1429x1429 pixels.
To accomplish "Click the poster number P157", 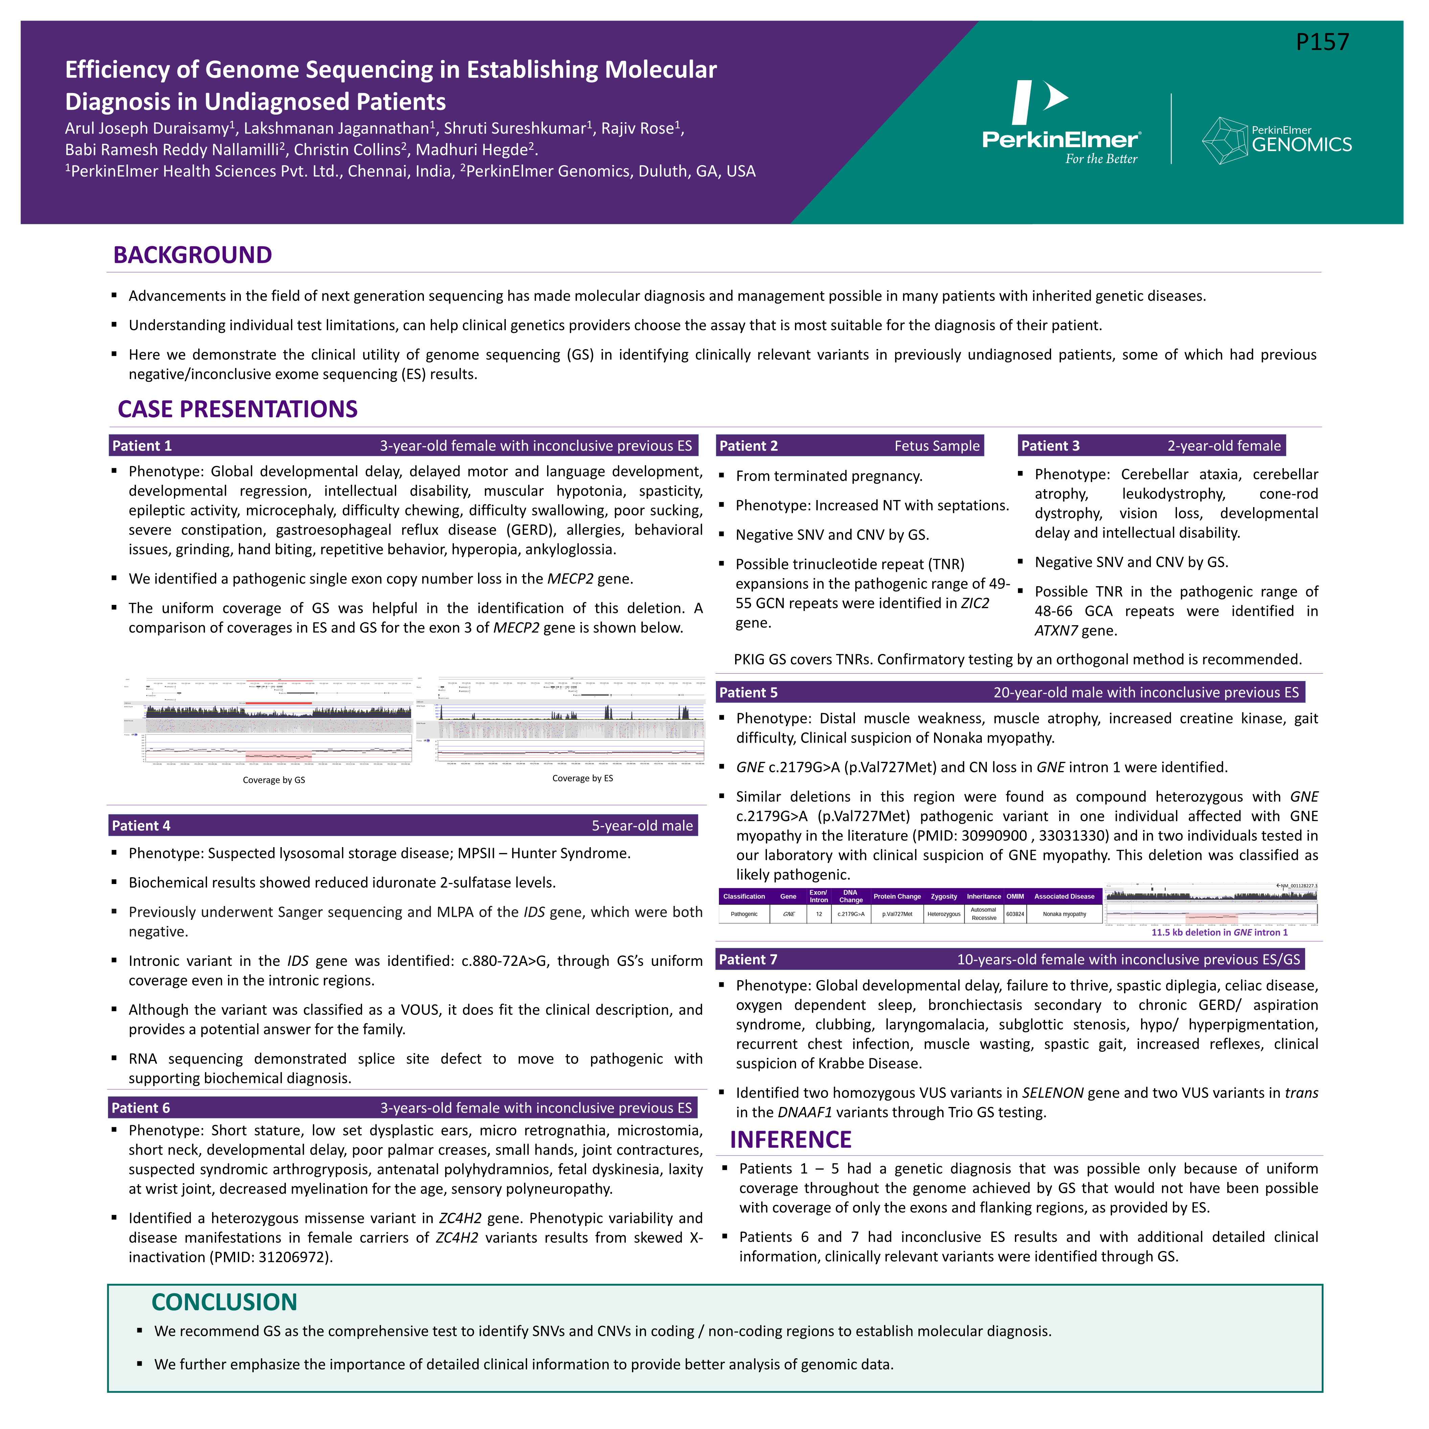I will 1322,42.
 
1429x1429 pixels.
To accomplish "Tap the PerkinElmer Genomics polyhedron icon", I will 1225,140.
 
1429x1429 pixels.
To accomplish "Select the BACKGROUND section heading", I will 192,255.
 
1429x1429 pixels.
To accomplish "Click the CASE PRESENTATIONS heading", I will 237,409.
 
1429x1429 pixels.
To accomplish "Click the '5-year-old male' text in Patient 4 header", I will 642,825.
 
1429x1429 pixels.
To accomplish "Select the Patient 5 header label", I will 749,692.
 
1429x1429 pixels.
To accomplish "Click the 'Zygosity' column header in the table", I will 944,897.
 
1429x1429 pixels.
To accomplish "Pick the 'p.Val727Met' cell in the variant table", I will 897,914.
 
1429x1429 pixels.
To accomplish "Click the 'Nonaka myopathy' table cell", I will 1064,914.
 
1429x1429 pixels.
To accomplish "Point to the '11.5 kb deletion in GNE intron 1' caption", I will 1219,933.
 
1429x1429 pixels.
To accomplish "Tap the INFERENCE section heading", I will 791,1140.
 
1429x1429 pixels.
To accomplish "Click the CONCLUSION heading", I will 224,1302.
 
